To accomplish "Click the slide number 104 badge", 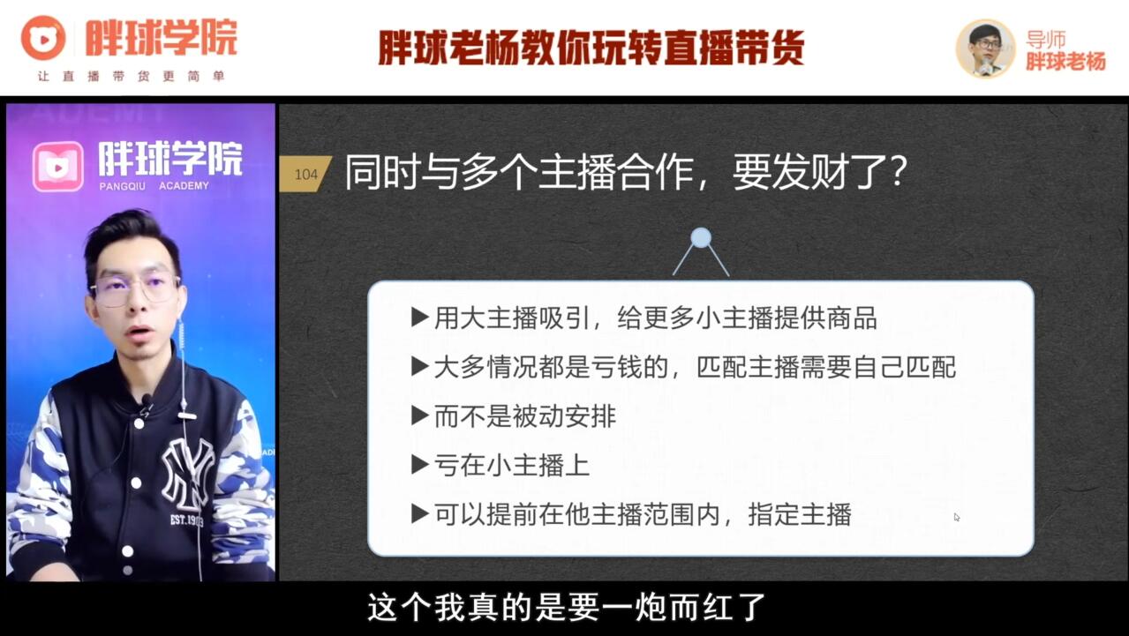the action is tap(305, 174).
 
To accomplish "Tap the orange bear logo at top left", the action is tap(43, 37).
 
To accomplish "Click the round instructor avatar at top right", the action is tap(985, 49).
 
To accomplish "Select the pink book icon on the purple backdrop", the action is tap(58, 167).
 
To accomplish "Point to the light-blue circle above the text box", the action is tap(701, 237).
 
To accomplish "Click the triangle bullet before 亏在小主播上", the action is tap(420, 465).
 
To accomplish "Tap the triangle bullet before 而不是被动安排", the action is tap(420, 416).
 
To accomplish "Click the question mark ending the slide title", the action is tap(899, 172).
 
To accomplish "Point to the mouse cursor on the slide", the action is tap(957, 517).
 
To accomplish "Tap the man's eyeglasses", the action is tap(136, 289).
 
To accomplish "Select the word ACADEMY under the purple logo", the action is tap(184, 186).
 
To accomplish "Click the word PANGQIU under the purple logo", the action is tap(122, 186).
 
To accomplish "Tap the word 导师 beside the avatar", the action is tap(1045, 40).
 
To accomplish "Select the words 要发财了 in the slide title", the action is tap(810, 172).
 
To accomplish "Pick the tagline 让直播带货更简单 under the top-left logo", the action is tap(131, 76).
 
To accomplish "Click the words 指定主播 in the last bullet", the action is tap(800, 514).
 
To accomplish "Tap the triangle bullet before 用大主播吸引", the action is tap(420, 318).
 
